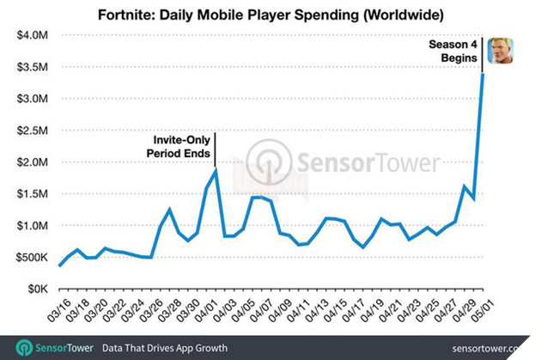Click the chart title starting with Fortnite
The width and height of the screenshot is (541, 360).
(x=270, y=15)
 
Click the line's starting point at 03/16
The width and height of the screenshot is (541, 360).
(x=59, y=265)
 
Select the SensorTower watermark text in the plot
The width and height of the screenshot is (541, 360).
(x=369, y=162)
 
